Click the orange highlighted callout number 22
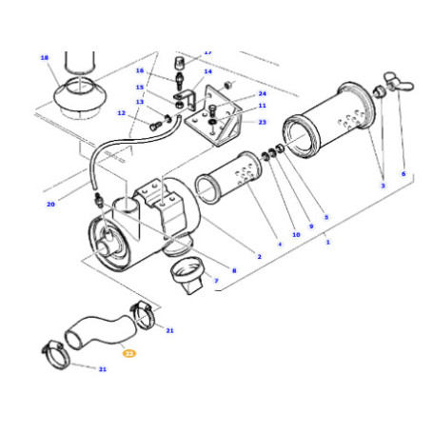[x=130, y=352]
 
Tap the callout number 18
[x=44, y=58]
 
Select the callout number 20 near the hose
[x=50, y=204]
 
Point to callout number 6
[x=403, y=174]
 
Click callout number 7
[x=216, y=281]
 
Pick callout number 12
[x=121, y=113]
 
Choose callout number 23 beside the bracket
[x=262, y=122]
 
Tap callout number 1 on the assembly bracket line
[x=328, y=243]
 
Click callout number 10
[x=295, y=233]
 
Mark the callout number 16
[x=139, y=70]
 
